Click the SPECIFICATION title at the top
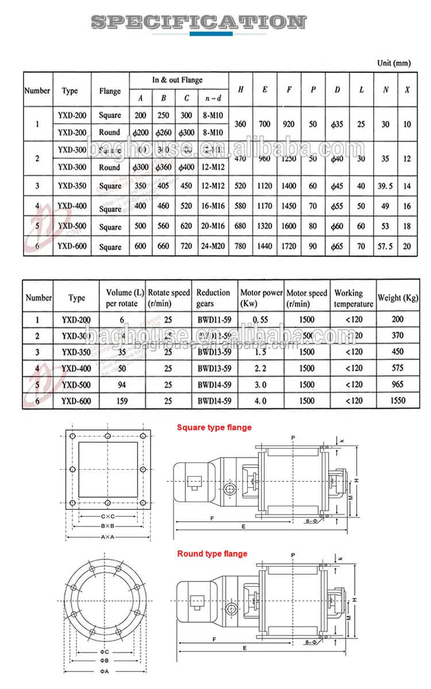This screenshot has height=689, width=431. point(198,22)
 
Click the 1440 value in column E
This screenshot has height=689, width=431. point(264,246)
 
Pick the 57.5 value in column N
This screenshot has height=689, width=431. point(385,246)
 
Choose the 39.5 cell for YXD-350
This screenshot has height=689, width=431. point(385,185)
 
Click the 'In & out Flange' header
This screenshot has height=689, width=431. point(178,80)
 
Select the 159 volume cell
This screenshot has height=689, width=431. point(121,401)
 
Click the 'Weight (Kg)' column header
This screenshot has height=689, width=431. point(397,297)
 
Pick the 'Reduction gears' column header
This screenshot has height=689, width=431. point(213,297)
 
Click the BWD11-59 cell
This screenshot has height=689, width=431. point(214,319)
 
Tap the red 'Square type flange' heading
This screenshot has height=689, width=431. point(214,427)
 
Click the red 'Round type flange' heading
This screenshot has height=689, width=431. point(212,553)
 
